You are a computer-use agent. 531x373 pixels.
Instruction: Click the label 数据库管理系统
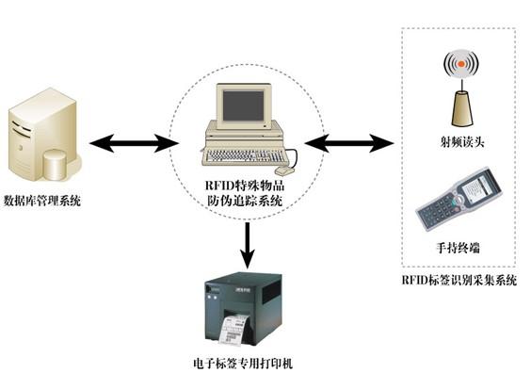(42, 201)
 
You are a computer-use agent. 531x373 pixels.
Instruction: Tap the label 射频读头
(462, 141)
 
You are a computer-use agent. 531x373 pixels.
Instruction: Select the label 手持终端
(458, 248)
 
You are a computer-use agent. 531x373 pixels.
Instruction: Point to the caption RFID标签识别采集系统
(459, 280)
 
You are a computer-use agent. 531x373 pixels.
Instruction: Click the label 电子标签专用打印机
(243, 364)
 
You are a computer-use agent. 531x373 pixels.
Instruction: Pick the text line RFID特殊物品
(245, 186)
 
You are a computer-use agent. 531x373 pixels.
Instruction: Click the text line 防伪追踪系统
(245, 201)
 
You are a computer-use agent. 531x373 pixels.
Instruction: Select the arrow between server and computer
(134, 143)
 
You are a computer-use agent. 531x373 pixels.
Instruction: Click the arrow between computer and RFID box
(348, 143)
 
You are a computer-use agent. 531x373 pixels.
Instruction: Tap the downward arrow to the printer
(248, 245)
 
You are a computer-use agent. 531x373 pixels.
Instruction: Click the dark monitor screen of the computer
(243, 105)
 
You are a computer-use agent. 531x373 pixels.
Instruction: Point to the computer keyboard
(246, 157)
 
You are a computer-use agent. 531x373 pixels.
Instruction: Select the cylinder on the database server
(55, 166)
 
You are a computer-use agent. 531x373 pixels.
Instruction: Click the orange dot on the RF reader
(461, 64)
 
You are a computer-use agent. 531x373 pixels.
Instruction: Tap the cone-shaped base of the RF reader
(461, 108)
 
